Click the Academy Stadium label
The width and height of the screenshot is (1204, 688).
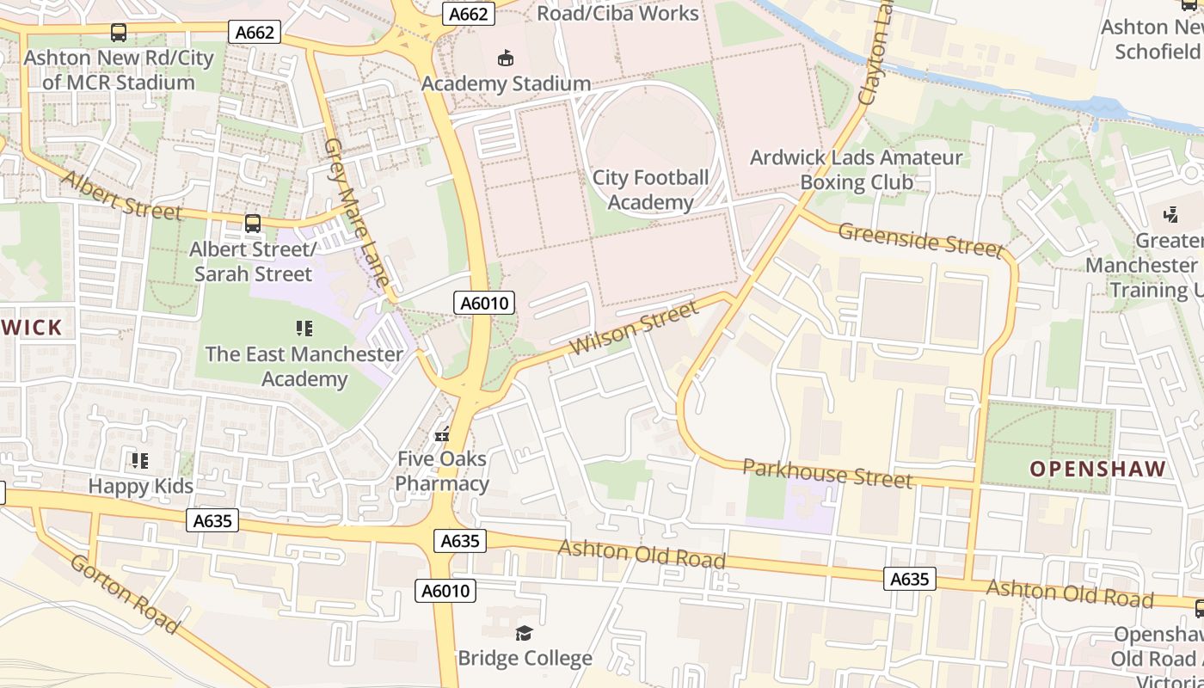(x=506, y=83)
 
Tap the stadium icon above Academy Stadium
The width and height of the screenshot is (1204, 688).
(x=506, y=58)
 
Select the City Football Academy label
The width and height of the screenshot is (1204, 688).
(x=650, y=190)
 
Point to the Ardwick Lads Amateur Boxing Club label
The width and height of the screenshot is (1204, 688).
(x=856, y=170)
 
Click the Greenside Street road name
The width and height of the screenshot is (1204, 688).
(x=920, y=240)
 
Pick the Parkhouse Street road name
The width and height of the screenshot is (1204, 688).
(x=826, y=474)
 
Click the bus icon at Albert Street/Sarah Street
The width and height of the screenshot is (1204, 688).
(x=253, y=224)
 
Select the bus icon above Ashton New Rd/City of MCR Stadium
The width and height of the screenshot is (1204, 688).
(x=119, y=33)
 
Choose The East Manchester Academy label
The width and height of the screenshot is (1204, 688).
(x=304, y=366)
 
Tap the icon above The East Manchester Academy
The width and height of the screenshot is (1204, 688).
(x=304, y=329)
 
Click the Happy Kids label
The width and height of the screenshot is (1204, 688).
(x=141, y=486)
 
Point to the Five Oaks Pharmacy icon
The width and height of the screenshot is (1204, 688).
(x=442, y=434)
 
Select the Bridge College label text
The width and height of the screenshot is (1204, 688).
(x=525, y=659)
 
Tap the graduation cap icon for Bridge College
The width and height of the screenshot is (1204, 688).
(x=524, y=634)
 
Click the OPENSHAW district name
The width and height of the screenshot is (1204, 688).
(x=1097, y=469)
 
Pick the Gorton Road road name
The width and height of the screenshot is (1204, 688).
(x=124, y=594)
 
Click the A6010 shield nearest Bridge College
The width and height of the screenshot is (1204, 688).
(x=445, y=591)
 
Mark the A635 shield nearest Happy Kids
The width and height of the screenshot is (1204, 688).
(x=212, y=521)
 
